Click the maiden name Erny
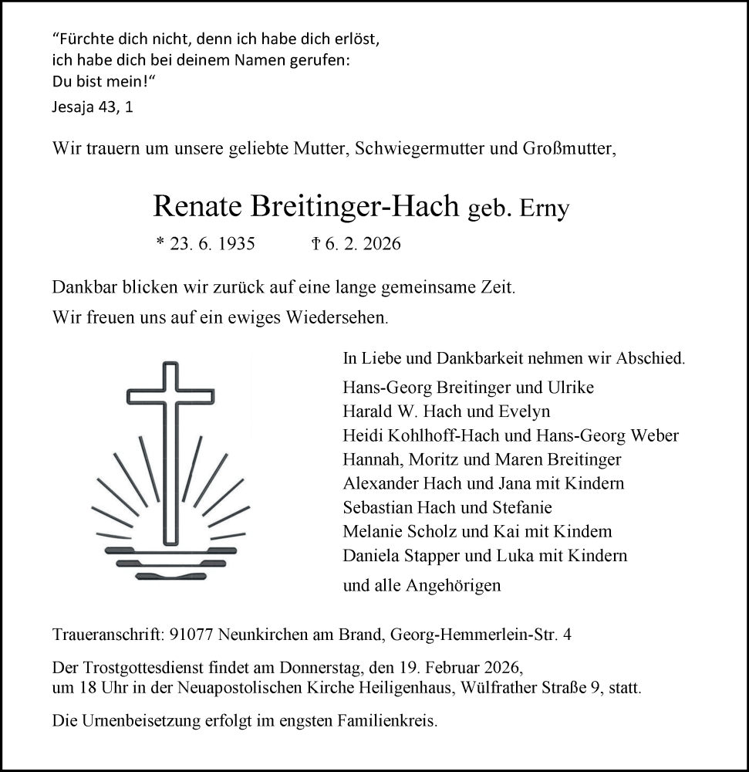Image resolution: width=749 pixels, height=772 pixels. coord(546,208)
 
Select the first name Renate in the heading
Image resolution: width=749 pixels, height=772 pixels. coord(197,206)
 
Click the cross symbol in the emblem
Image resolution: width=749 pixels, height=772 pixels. coord(170,452)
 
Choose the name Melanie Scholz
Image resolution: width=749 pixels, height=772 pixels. coord(390,531)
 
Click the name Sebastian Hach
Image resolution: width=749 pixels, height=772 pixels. coord(393,507)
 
